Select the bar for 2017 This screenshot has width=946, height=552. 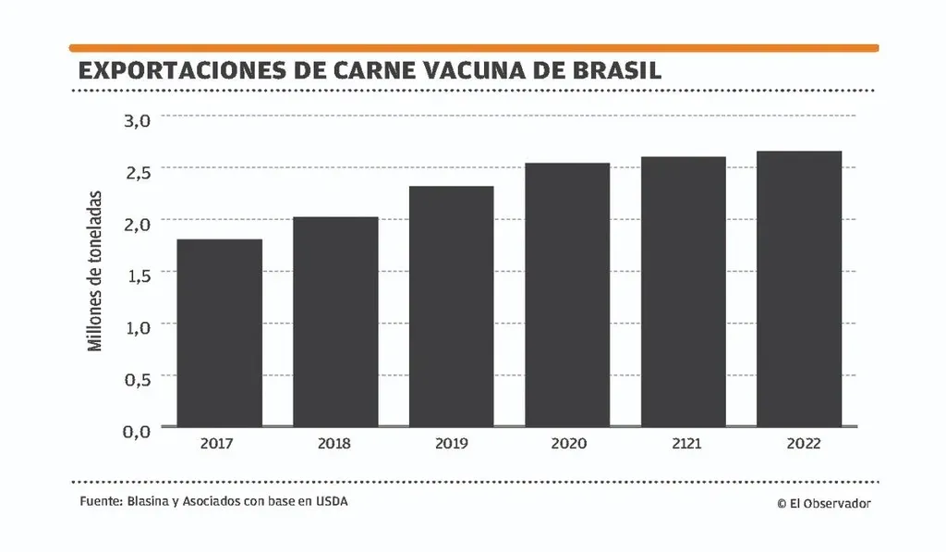219,333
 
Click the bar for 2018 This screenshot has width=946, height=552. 335,322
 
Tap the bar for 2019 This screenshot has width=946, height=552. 452,306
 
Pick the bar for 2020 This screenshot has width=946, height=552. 567,295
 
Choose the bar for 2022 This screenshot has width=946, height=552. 799,288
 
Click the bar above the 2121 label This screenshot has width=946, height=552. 684,291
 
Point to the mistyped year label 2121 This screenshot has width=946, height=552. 684,444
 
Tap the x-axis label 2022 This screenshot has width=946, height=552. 799,444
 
